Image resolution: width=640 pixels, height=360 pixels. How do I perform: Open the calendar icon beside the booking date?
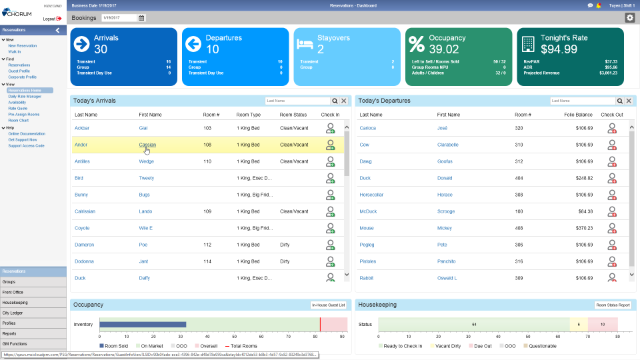[141, 18]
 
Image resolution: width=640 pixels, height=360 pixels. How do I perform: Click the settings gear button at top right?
[629, 18]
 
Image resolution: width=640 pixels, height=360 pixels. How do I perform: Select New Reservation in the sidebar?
[23, 45]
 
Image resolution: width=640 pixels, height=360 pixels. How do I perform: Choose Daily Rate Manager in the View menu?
[25, 96]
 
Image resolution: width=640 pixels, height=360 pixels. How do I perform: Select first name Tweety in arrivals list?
[146, 178]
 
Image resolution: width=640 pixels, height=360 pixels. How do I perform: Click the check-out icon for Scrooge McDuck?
[611, 211]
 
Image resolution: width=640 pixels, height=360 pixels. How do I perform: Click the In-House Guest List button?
[329, 305]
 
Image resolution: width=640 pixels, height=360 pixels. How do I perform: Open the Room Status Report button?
[613, 305]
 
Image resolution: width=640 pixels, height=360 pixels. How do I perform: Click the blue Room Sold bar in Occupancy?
[143, 325]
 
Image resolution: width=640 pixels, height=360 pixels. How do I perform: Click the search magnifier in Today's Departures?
[619, 101]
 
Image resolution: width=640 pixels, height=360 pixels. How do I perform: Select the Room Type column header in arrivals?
[248, 115]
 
